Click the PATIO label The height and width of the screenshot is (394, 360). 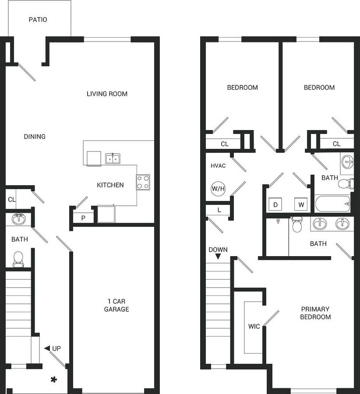coord(38,20)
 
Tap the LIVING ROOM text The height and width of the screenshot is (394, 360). coord(107,94)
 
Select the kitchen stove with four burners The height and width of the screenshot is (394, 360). coord(143,182)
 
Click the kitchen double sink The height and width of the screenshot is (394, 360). coord(113,158)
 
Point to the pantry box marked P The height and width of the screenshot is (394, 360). coord(83,218)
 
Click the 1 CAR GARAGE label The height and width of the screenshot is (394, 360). coord(116,305)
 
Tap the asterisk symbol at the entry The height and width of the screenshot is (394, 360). coord(53,380)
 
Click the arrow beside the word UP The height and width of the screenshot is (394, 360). coord(47,348)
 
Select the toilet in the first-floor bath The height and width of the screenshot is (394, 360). coord(18,259)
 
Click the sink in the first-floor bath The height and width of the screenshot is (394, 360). coord(18,219)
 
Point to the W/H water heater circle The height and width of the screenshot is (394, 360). coord(218,189)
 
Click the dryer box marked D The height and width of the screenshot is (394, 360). coord(275,204)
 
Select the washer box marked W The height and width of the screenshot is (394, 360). coord(301,204)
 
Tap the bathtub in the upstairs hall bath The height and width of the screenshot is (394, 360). coord(333,204)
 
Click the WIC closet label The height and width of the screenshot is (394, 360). coord(254,326)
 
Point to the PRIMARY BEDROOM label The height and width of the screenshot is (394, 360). coord(315,313)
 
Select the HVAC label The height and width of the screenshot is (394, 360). coord(218,166)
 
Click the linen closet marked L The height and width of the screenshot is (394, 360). coord(219,211)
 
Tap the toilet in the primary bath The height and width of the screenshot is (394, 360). coord(297,225)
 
